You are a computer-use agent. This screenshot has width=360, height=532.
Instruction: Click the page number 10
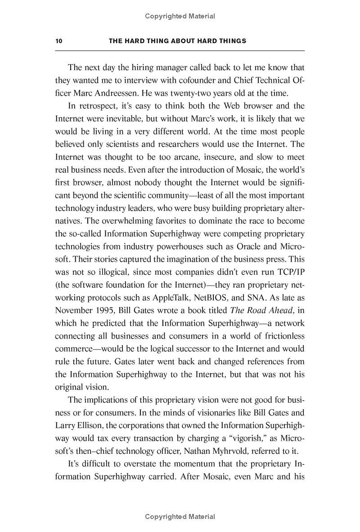tap(58, 41)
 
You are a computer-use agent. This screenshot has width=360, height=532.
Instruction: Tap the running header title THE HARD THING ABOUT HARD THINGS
tap(178, 41)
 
